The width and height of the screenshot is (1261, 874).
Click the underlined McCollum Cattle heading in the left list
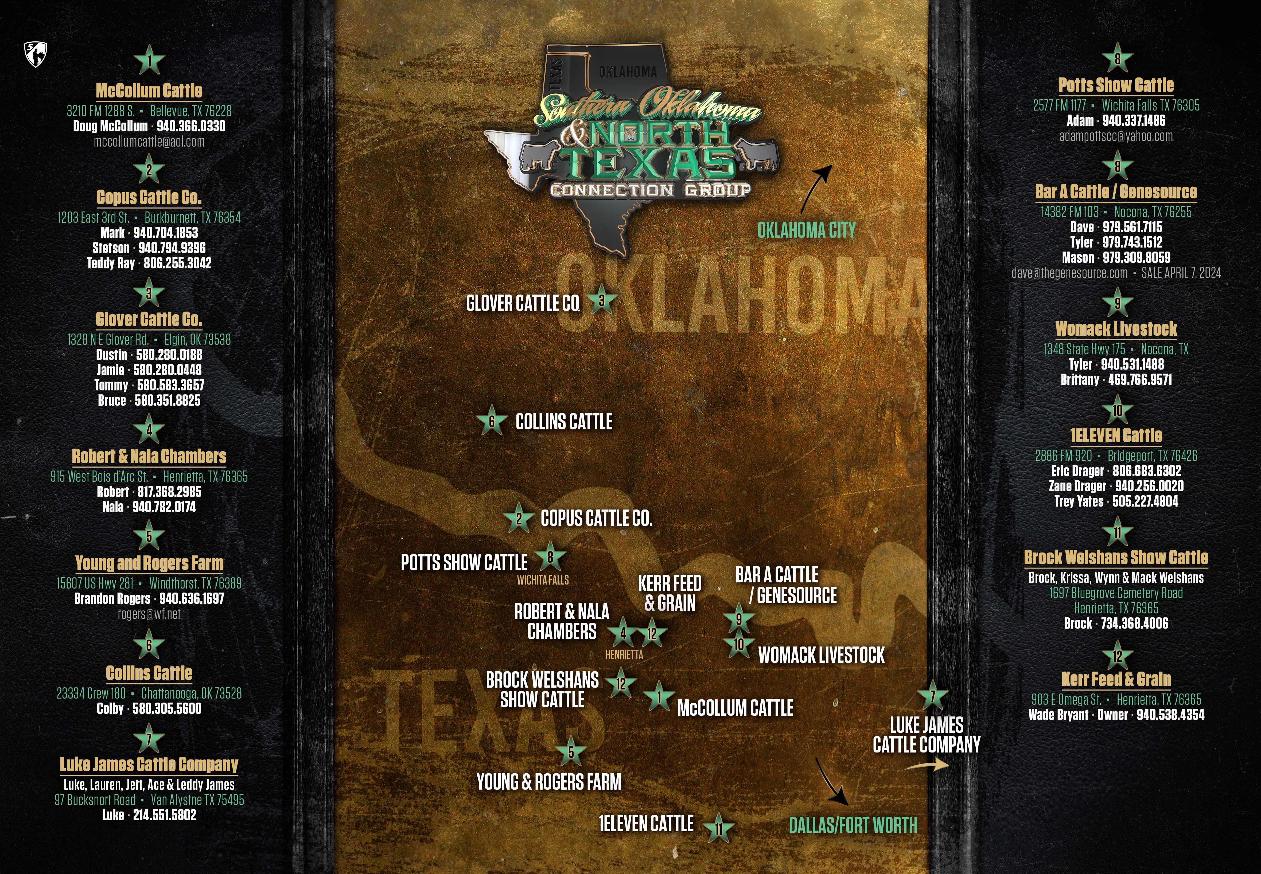149,90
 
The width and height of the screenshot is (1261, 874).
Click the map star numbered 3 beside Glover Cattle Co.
601,300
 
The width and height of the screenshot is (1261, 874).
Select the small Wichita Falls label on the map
543,580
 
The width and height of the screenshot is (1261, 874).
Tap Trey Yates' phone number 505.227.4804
1145,501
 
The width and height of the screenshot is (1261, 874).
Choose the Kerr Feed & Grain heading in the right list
1116,679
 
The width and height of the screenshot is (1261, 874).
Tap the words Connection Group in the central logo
650,190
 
